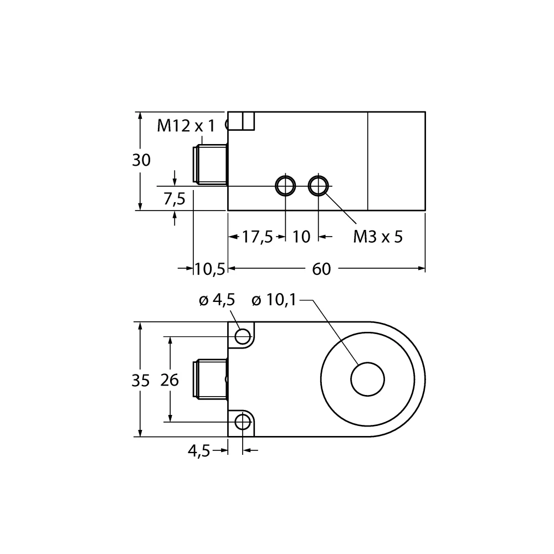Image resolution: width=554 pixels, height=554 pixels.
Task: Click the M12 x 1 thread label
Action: tap(185, 126)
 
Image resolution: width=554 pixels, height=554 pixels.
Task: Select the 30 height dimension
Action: tap(141, 160)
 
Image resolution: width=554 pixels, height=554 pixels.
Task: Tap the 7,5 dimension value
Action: tap(175, 199)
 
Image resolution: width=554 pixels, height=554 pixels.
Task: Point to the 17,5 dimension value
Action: tap(258, 237)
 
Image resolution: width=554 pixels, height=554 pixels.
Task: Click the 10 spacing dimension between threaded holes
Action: tap(301, 237)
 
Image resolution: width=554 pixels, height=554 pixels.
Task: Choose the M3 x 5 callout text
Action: tap(378, 237)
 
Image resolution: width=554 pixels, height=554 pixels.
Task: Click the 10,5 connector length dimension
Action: tap(209, 269)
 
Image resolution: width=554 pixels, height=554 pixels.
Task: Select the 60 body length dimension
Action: tap(321, 269)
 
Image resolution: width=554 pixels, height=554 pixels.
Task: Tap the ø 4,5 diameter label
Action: tap(217, 300)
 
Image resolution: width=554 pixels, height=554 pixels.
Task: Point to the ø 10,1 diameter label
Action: tap(274, 300)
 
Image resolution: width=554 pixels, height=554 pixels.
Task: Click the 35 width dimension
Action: tap(141, 380)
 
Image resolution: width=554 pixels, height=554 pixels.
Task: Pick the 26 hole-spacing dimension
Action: tap(170, 380)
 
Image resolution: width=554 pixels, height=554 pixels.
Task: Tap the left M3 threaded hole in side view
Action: tap(285, 186)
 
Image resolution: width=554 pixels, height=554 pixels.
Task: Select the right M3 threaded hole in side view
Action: tap(318, 186)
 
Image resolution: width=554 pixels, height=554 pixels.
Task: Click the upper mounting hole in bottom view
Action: tap(243, 336)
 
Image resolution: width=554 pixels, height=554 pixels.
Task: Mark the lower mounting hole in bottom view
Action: tap(243, 423)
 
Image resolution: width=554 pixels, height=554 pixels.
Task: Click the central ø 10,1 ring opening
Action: tap(367, 380)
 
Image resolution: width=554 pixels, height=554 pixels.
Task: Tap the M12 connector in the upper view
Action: tap(210, 165)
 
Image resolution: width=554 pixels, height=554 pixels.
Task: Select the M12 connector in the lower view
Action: tap(210, 380)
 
